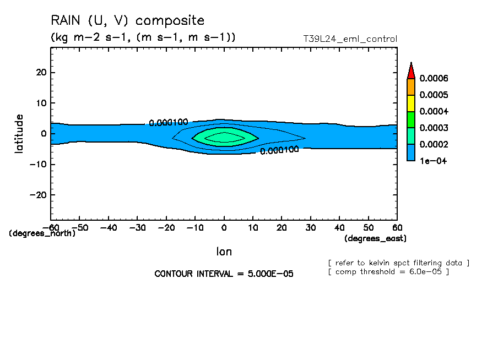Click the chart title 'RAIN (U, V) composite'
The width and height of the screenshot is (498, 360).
click(127, 21)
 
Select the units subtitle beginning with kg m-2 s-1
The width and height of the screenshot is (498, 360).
click(143, 37)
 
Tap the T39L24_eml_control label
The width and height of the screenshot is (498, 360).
click(350, 39)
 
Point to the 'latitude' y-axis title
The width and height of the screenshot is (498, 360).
click(20, 133)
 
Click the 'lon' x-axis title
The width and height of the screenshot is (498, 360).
click(224, 252)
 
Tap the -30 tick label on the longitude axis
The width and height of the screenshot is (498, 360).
click(137, 227)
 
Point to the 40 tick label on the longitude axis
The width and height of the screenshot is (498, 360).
click(339, 227)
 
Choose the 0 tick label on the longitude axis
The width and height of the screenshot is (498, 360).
click(224, 227)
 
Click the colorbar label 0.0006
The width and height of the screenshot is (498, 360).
click(434, 78)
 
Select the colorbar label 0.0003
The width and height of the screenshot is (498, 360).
click(434, 128)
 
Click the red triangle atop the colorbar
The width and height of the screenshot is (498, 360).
click(410, 70)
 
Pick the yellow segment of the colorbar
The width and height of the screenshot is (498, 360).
click(410, 103)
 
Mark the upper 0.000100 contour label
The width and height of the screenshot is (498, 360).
click(169, 122)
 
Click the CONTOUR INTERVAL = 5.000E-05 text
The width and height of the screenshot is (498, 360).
click(224, 274)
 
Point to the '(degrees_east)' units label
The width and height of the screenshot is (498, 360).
click(375, 238)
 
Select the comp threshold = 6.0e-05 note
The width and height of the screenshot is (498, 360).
click(388, 271)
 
